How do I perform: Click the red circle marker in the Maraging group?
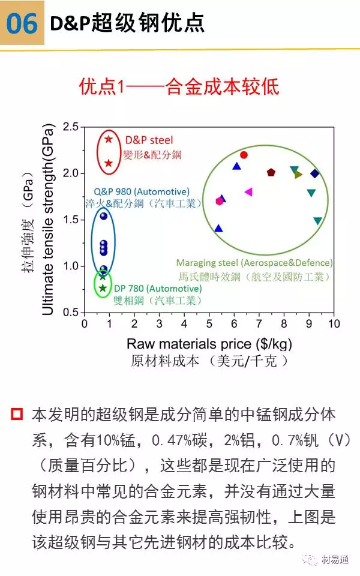click(244, 155)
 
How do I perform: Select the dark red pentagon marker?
click(271, 172)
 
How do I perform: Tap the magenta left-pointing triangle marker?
click(248, 192)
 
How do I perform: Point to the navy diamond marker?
click(315, 173)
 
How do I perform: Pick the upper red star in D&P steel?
click(109, 139)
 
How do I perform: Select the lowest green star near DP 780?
click(103, 288)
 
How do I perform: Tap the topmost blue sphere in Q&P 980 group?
click(103, 216)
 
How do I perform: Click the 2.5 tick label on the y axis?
click(71, 127)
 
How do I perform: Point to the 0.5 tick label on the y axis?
click(71, 313)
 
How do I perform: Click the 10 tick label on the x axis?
click(334, 324)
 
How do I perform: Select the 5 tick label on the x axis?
click(209, 324)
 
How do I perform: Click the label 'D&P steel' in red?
click(149, 140)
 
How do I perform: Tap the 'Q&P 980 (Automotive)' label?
click(142, 191)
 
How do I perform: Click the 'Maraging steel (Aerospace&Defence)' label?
click(254, 263)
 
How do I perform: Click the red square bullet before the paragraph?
click(17, 414)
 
